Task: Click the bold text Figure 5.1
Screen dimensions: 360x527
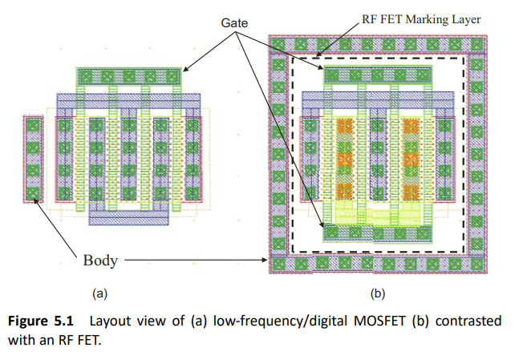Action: pos(41,321)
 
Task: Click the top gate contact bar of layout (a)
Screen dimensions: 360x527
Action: pos(129,77)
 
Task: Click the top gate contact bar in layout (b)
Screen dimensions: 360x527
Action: pos(377,76)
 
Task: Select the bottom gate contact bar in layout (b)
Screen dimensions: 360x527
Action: pos(377,233)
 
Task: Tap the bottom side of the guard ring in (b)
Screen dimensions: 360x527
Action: pos(377,263)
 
